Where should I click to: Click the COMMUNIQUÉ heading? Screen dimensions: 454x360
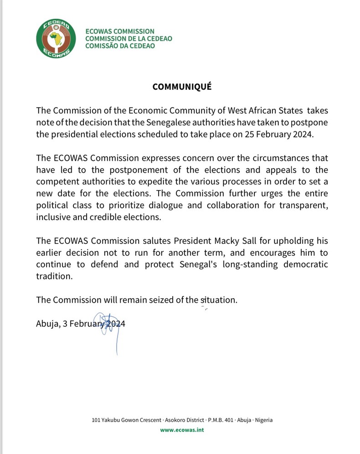point(182,87)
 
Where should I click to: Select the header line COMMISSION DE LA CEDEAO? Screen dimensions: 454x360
point(129,39)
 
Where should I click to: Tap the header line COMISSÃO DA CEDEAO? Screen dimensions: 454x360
point(120,46)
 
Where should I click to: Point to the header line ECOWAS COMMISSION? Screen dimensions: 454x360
point(120,31)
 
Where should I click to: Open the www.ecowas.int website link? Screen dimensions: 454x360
point(182,430)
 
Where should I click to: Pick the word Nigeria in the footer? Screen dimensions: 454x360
point(262,420)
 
